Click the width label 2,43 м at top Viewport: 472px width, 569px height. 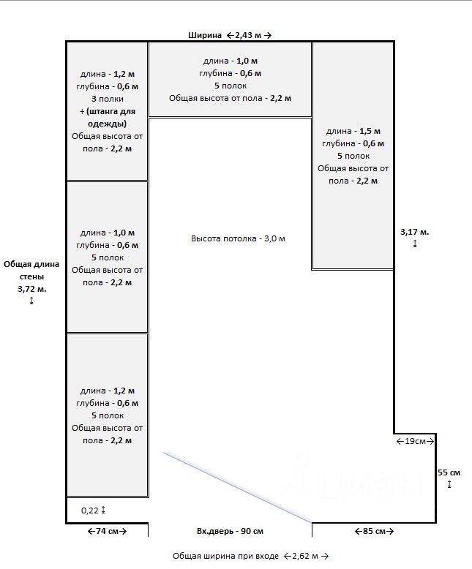click(x=249, y=34)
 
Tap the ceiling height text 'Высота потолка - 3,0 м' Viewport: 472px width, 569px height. click(x=238, y=239)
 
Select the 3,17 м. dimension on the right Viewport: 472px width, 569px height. click(x=415, y=232)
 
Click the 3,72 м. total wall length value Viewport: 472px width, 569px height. click(x=31, y=289)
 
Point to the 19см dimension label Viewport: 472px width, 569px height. click(x=415, y=441)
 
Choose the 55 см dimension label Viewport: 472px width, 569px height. click(x=449, y=472)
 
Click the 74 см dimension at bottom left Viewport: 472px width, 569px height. click(x=107, y=531)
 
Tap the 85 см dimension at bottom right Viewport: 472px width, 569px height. click(x=374, y=531)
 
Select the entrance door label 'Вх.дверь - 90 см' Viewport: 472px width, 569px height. click(x=230, y=531)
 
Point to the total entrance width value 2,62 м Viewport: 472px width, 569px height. click(x=305, y=557)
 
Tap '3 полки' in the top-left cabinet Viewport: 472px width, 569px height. click(x=108, y=98)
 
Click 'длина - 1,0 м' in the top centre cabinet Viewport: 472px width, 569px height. click(x=231, y=61)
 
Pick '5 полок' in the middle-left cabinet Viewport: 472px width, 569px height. click(x=108, y=257)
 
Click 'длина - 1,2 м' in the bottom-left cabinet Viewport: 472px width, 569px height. click(x=108, y=391)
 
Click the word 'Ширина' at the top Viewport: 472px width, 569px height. click(x=205, y=34)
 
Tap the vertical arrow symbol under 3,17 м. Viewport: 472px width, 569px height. click(x=415, y=244)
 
